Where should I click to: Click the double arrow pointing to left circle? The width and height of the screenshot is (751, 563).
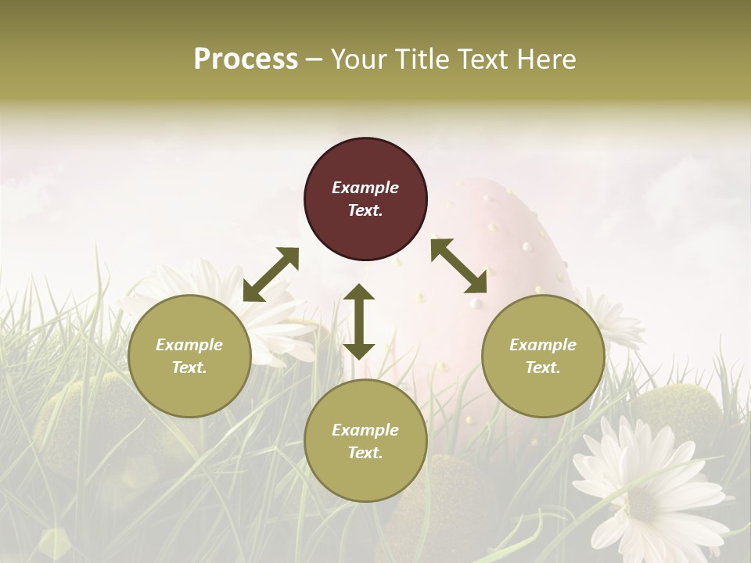pos(271,274)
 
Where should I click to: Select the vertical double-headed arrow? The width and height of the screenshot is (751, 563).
pos(359,321)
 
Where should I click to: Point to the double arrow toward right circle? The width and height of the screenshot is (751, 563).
pos(459,266)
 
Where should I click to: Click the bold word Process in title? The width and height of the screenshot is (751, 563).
pos(246,59)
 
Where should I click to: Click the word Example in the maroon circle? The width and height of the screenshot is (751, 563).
pos(365,188)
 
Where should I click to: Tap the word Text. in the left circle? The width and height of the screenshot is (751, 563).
pos(189,368)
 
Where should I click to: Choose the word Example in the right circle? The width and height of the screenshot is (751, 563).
pos(543,345)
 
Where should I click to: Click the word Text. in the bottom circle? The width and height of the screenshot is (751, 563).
pos(365,453)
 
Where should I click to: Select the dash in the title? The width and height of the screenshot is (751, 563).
pos(314,59)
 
